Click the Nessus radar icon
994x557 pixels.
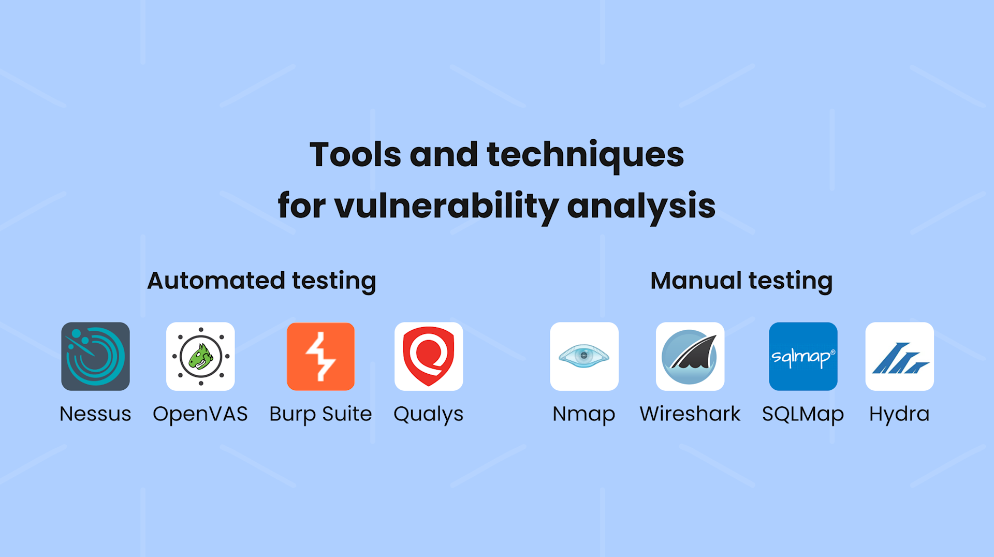click(x=95, y=356)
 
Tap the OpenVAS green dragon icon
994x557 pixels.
click(x=200, y=356)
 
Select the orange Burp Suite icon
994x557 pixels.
click(x=320, y=356)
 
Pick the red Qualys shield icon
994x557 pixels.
click(x=429, y=356)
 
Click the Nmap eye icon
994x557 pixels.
click(x=584, y=356)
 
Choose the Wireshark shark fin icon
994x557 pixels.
click(x=690, y=356)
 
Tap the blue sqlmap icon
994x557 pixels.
click(x=803, y=356)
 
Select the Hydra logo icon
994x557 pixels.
click(x=899, y=356)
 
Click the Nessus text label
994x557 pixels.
click(x=95, y=414)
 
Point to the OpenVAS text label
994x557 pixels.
click(x=200, y=414)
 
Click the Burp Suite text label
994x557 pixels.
click(x=320, y=414)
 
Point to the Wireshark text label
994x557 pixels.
click(x=690, y=414)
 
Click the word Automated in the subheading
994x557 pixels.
click(x=216, y=281)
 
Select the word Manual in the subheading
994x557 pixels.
click(x=696, y=281)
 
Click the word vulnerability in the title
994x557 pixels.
click(x=446, y=206)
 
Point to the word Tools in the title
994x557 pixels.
click(x=355, y=155)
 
